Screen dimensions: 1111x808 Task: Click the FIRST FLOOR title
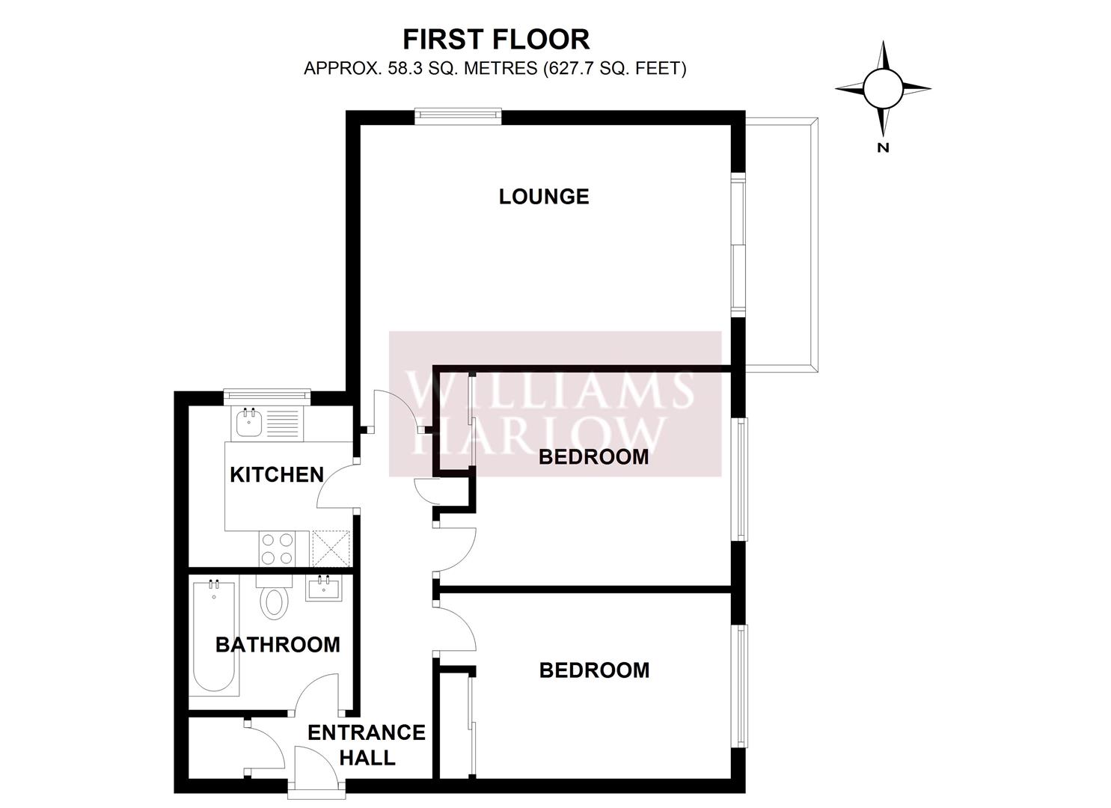point(496,40)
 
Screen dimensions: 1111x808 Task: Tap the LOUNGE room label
point(544,197)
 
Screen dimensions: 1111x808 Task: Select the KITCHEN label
point(277,475)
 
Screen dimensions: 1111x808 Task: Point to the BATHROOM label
point(278,645)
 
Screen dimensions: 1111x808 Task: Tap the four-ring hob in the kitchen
point(277,548)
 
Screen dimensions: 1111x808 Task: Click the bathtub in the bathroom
point(214,637)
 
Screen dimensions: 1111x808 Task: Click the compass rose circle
point(882,89)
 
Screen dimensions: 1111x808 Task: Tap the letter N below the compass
point(883,147)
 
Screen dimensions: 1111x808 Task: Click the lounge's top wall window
point(458,115)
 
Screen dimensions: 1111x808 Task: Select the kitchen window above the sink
point(267,395)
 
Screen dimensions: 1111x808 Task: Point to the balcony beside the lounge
point(781,245)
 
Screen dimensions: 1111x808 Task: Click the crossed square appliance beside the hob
point(331,548)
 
